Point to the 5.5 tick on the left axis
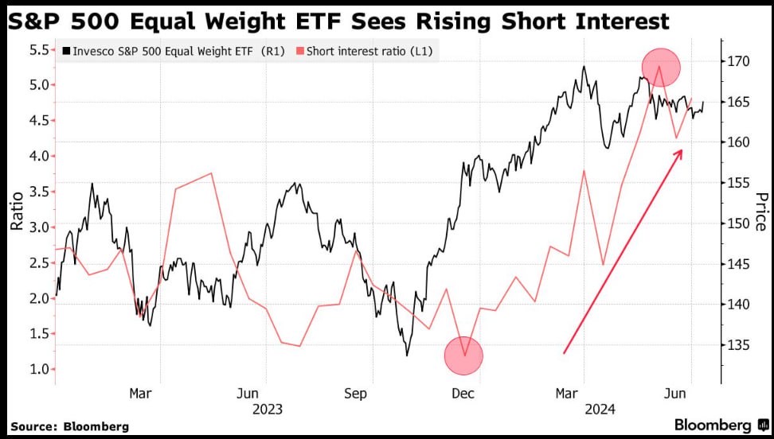click(38, 49)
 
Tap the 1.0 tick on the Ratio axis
click(38, 369)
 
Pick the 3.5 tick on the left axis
click(38, 192)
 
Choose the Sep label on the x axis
click(355, 394)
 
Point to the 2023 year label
click(267, 410)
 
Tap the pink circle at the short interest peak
click(660, 67)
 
